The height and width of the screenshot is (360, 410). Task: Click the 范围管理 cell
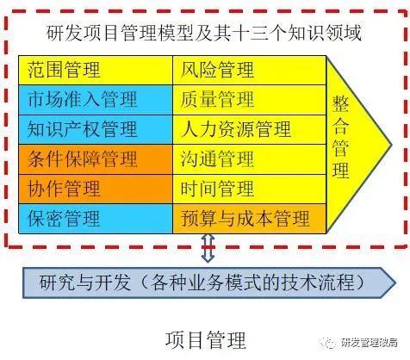[x=96, y=71]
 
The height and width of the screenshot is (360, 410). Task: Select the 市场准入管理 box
[x=96, y=100]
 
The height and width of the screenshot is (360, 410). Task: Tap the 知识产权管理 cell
[x=96, y=129]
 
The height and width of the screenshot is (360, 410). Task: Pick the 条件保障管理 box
[x=96, y=159]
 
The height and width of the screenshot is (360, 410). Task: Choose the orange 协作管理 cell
[x=96, y=189]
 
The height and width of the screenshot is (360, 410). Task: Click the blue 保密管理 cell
[x=96, y=219]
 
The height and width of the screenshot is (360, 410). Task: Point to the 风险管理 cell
[x=250, y=71]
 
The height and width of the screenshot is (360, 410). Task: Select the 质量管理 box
[x=250, y=100]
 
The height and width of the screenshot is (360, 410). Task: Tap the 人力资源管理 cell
[x=250, y=129]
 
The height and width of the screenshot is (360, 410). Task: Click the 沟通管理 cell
[x=250, y=159]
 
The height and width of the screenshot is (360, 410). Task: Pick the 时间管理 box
[x=250, y=189]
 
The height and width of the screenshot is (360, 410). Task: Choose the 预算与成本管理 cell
[x=250, y=219]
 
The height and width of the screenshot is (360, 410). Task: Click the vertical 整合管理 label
[x=340, y=137]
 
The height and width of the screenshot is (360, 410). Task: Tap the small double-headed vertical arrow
[x=208, y=248]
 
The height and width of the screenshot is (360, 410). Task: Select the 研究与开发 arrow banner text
[x=202, y=282]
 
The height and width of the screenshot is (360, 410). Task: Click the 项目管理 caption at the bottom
[x=206, y=340]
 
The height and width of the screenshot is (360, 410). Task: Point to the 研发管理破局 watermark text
[x=370, y=343]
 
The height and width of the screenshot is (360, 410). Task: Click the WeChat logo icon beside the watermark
[x=329, y=343]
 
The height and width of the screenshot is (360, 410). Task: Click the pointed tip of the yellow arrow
[x=391, y=145]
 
